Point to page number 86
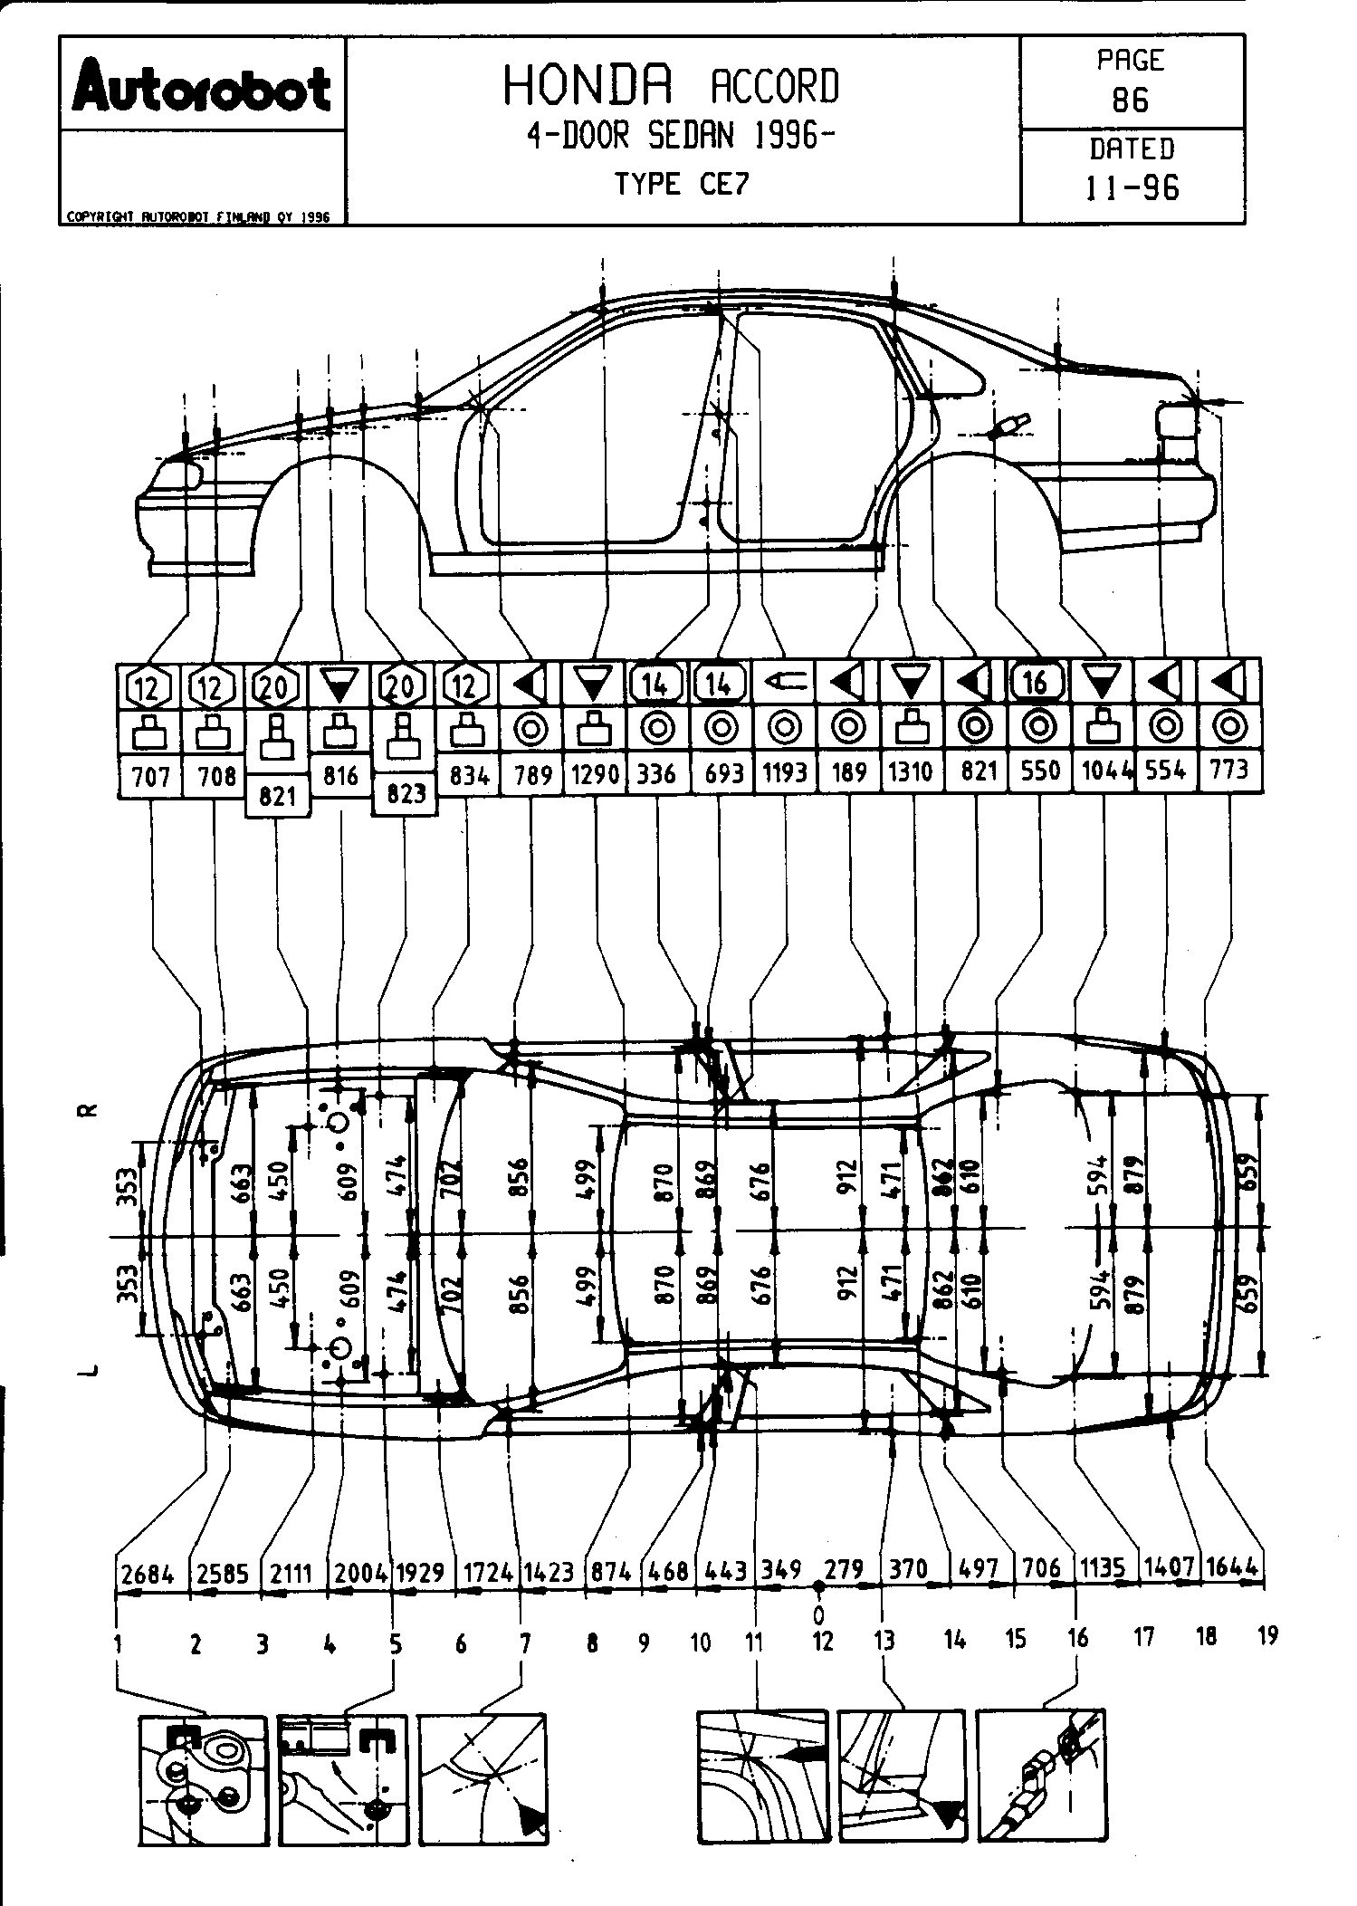[1131, 100]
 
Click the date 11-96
[1132, 187]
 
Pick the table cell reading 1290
[595, 774]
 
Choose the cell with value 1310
[913, 772]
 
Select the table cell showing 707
[150, 776]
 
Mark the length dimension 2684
[147, 1572]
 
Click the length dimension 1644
[1233, 1566]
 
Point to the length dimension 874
[610, 1570]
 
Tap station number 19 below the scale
[1267, 1635]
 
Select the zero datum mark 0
[818, 1614]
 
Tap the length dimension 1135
[1102, 1567]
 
